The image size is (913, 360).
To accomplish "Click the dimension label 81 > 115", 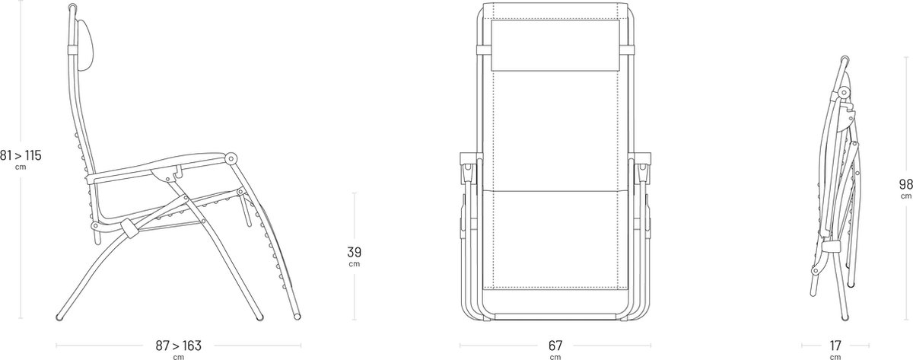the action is [21, 155].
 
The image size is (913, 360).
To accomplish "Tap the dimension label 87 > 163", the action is [179, 346].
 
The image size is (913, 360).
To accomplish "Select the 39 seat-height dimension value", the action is [355, 252].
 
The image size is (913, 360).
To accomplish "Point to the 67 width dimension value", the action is [555, 346].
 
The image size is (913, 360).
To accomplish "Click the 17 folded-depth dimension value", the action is [835, 346].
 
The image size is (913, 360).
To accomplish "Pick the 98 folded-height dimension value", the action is [906, 184].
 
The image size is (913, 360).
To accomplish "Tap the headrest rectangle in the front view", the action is [555, 45].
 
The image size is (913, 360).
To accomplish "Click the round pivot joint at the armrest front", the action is [231, 158].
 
